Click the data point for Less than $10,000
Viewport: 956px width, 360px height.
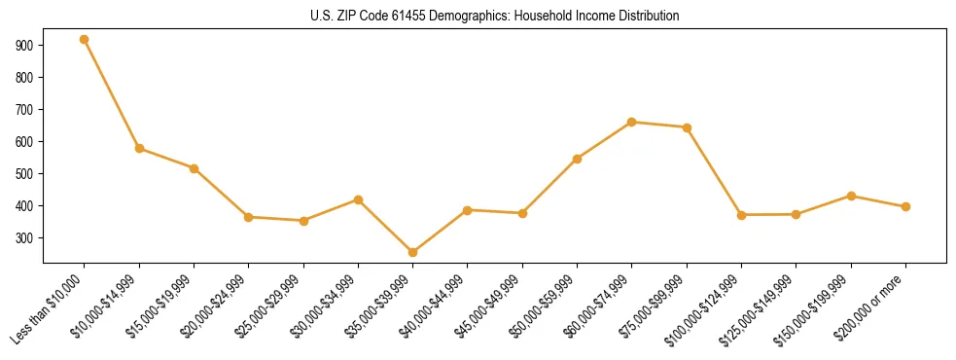85,40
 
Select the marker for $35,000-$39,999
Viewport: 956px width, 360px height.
413,252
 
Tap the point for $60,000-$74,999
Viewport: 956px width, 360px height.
632,122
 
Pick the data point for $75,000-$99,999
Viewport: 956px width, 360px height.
687,127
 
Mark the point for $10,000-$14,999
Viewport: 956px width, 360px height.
139,149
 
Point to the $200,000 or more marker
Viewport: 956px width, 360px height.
905,206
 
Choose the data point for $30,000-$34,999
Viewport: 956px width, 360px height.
358,199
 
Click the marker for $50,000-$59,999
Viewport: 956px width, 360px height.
578,159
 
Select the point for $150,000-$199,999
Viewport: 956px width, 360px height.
851,196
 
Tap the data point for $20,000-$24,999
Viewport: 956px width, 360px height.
249,217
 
